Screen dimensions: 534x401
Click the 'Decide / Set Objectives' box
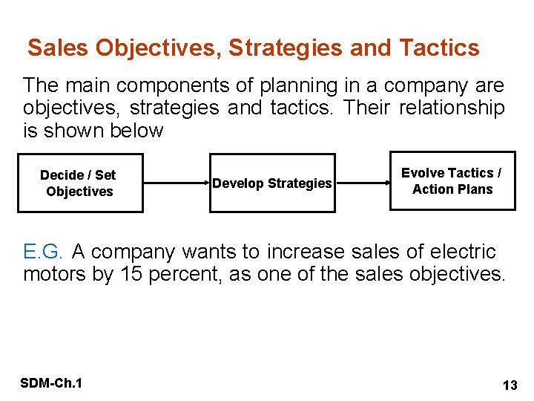pos(80,183)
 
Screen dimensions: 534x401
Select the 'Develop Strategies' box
pos(272,183)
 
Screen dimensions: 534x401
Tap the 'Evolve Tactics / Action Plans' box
pos(452,180)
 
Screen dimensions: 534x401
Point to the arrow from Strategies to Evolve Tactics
pos(363,183)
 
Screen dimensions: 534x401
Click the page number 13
pos(510,385)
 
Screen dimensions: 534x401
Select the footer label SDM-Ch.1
pos(51,383)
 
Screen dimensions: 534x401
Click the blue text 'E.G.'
pos(45,252)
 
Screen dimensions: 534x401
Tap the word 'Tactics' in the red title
pos(439,48)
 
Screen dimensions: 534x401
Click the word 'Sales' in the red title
pos(58,48)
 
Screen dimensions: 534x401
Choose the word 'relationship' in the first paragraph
pos(452,108)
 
